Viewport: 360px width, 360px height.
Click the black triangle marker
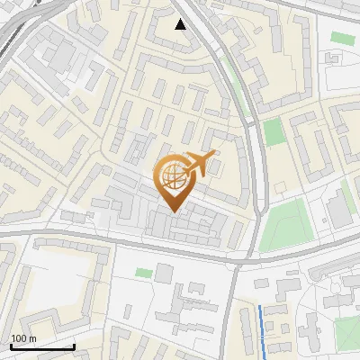point(181,24)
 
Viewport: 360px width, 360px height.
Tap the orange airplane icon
point(199,164)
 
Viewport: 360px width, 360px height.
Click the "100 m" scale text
point(22,338)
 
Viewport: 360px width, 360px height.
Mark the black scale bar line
point(42,346)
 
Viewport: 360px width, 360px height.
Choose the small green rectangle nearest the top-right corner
point(342,38)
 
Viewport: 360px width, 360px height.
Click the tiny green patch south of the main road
point(144,272)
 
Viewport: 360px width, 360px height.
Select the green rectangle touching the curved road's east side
point(274,132)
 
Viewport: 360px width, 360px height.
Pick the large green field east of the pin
point(286,225)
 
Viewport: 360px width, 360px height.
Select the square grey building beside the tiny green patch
point(164,272)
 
